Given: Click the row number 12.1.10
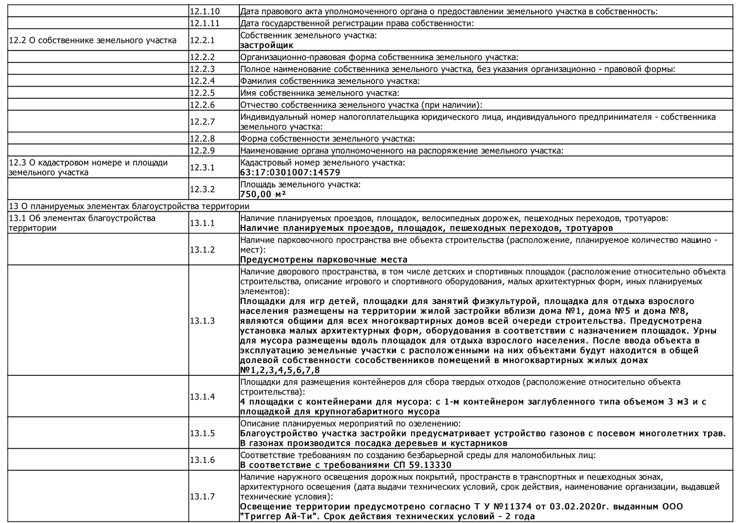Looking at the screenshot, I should coord(205,11).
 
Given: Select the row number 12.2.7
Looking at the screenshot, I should coord(202,122).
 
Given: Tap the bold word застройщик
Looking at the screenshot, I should coord(267,46).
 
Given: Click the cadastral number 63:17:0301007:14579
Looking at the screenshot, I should coord(290,172).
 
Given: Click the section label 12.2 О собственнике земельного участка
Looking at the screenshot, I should coord(93,40).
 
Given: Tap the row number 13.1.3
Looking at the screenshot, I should coord(202,321).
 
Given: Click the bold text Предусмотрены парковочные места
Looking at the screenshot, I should coord(324,260).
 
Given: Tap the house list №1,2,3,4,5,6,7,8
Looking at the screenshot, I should coord(280,370).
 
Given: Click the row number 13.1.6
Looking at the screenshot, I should coord(202,460).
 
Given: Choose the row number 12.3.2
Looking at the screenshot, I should coord(202,189).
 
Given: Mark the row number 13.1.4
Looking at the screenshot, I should coord(202,397).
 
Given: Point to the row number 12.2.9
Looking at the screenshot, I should coord(202,151).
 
